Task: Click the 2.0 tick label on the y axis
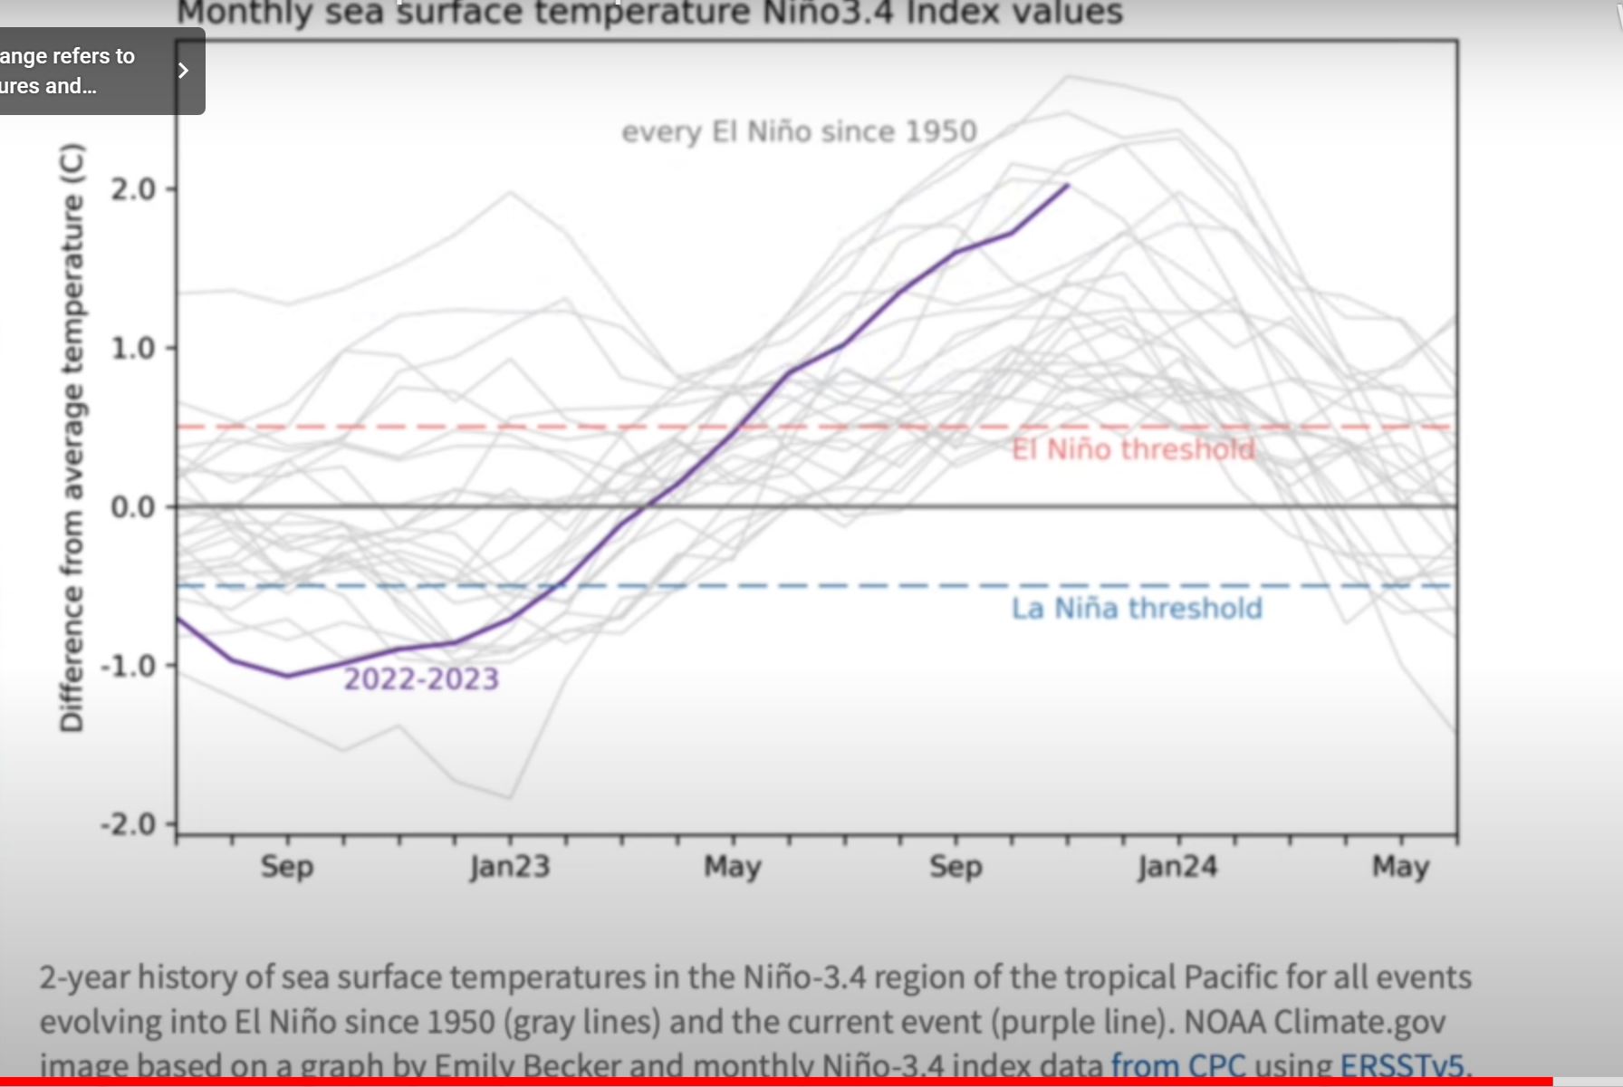(x=132, y=189)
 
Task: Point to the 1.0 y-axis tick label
(x=132, y=349)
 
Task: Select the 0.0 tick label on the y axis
(x=132, y=507)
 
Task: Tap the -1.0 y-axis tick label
(x=128, y=667)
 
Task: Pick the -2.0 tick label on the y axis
(x=128, y=825)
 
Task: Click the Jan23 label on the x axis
(x=510, y=867)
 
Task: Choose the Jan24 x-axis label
(x=1177, y=867)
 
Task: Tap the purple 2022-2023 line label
(x=421, y=679)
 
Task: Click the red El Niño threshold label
(x=1133, y=449)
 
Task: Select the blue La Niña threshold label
(x=1137, y=609)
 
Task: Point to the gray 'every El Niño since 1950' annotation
(x=799, y=132)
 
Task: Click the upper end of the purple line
(x=1068, y=186)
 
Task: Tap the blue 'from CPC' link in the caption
(x=1178, y=1065)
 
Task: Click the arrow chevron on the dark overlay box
(x=183, y=71)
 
